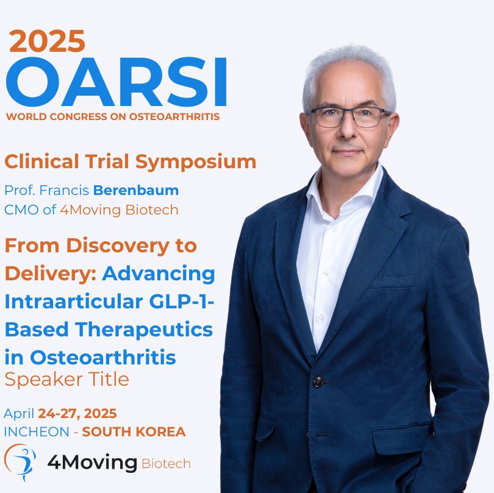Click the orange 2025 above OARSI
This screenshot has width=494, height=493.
pos(47,41)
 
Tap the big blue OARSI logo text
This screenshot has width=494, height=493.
pos(116,82)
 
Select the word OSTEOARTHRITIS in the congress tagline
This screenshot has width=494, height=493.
pos(174,116)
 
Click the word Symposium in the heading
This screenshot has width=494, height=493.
pos(196,163)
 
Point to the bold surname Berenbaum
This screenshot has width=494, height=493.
pos(136,191)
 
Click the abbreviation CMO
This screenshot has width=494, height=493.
pos(21,210)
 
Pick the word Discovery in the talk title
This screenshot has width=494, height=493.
pos(118,246)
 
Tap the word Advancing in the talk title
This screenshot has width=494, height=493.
pos(159,274)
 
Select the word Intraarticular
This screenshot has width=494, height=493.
pos(74,302)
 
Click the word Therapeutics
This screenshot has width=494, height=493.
pos(144,330)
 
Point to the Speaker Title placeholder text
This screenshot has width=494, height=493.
pos(67,380)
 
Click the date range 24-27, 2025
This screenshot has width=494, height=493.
pos(77,414)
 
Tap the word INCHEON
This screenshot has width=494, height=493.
pos(37,432)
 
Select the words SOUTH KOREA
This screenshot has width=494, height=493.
pos(134,432)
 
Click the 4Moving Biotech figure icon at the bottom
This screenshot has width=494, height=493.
pos(20,462)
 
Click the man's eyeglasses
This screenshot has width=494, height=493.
pos(349,117)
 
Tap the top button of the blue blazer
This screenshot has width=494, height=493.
pos(318,381)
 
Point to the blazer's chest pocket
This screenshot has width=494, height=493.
pos(392,282)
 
